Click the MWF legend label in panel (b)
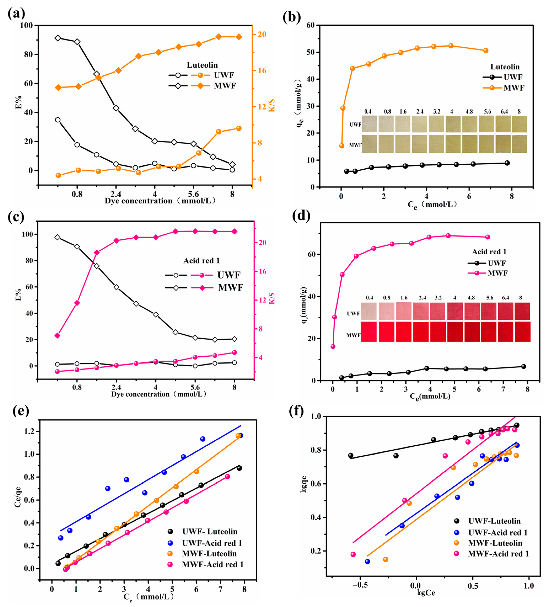pos(514,88)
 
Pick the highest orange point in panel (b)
pos(451,46)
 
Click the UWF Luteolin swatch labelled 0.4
pos(369,124)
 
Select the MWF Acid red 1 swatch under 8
pos(523,332)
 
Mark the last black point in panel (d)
pos(523,366)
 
